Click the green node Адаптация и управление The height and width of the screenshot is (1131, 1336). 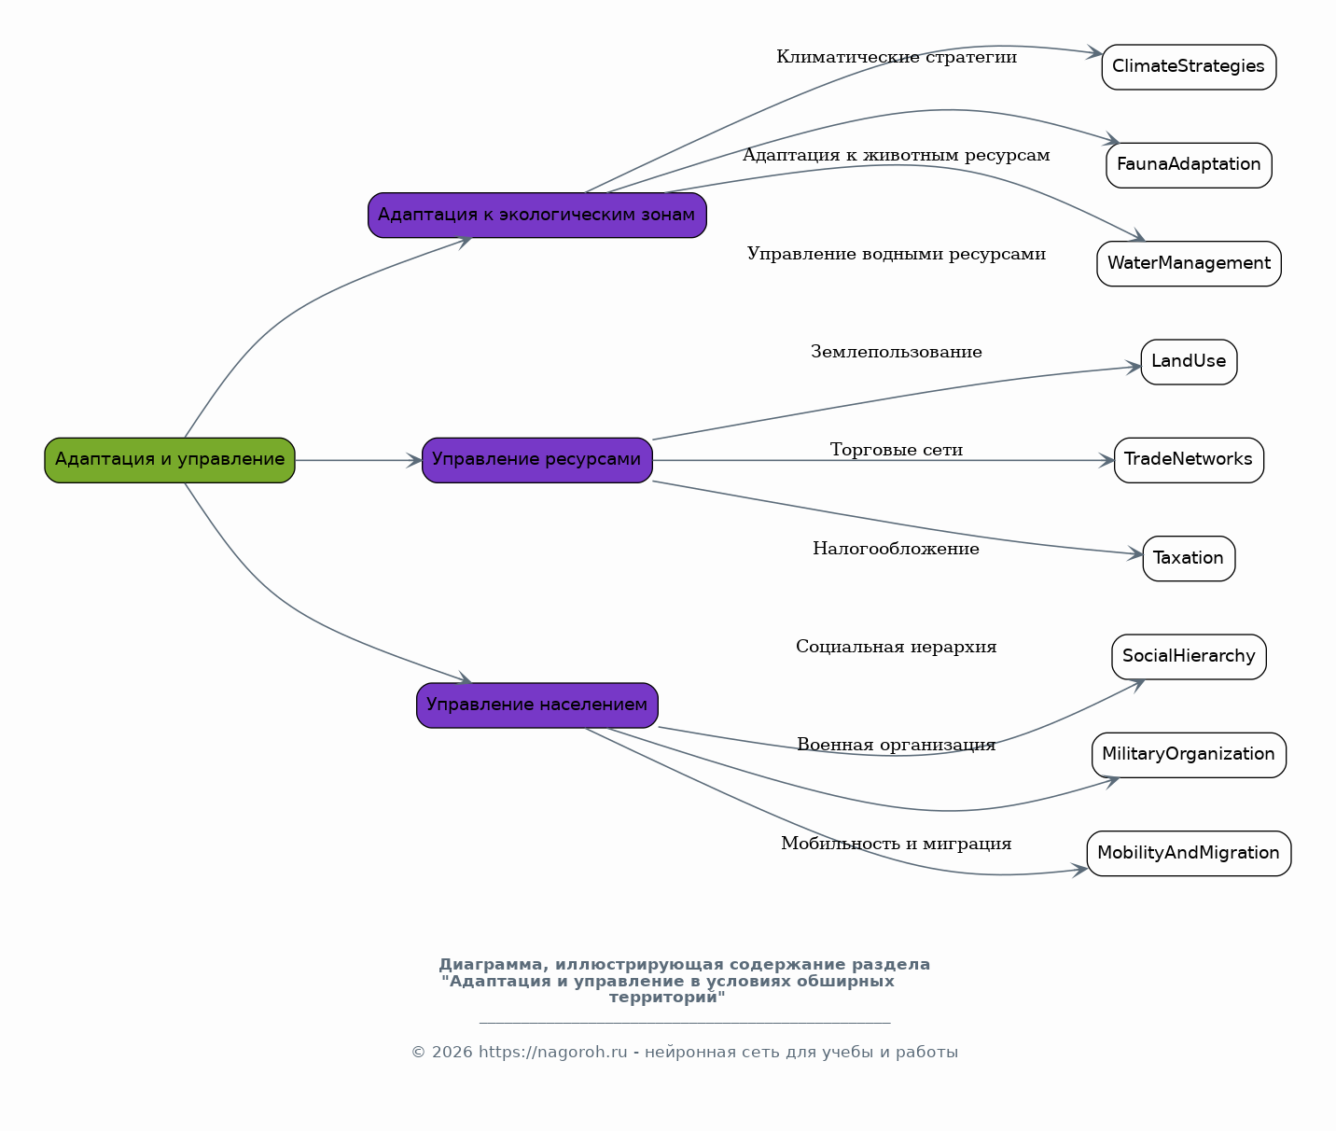(x=170, y=460)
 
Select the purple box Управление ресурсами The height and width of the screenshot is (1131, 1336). (x=537, y=460)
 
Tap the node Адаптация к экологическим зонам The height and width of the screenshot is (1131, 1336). (x=537, y=216)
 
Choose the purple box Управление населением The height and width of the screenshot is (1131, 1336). (x=537, y=705)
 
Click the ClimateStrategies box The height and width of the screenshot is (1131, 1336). (x=1190, y=67)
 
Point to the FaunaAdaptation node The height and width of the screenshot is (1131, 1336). (x=1190, y=165)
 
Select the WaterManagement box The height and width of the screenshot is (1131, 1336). (x=1190, y=264)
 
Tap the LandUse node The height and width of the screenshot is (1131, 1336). (x=1190, y=362)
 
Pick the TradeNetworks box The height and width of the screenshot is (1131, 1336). (x=1190, y=460)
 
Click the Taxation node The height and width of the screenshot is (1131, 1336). (x=1190, y=559)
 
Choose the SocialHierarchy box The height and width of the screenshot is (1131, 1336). (x=1190, y=657)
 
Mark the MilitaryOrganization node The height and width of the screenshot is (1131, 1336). (x=1190, y=755)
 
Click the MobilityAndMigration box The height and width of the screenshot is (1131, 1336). (x=1190, y=854)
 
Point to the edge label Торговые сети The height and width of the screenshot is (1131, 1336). (x=897, y=450)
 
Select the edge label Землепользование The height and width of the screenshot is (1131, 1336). (x=897, y=352)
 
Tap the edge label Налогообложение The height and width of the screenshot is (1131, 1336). (x=897, y=549)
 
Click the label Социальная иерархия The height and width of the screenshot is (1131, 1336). (x=897, y=647)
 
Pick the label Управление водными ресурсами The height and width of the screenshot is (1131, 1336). (x=897, y=254)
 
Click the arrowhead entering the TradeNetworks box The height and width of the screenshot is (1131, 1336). (x=1106, y=460)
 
